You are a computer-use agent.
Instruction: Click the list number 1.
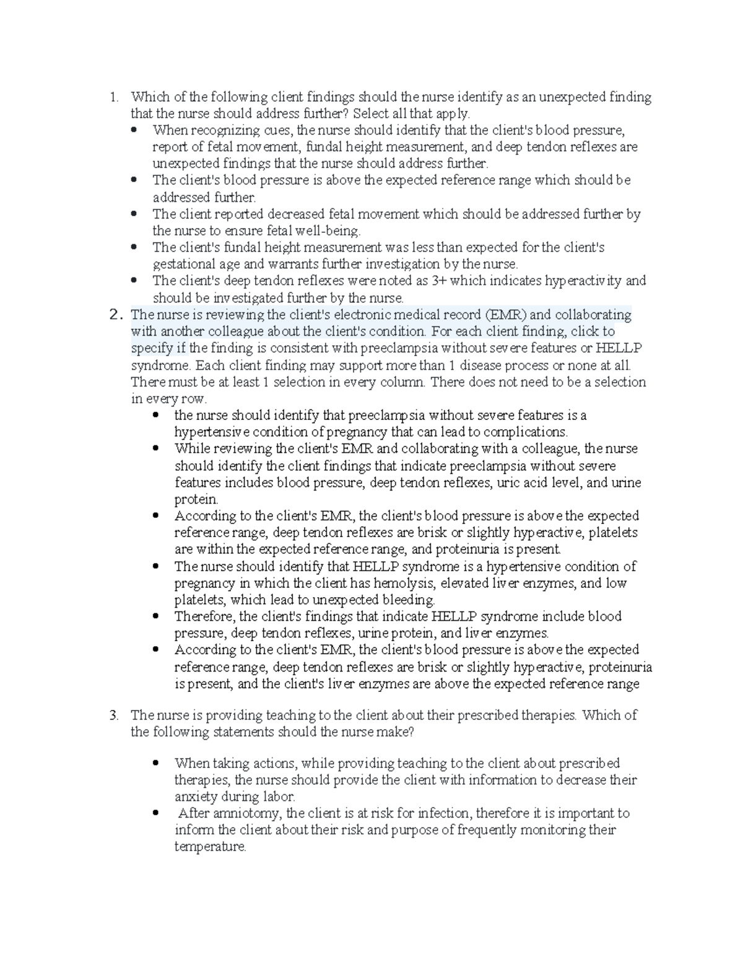(113, 97)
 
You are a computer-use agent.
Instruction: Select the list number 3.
(113, 715)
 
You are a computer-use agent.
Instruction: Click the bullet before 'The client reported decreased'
(134, 214)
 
